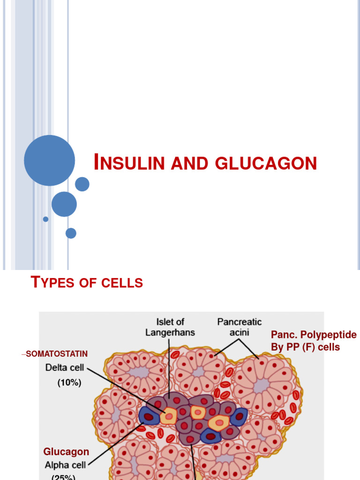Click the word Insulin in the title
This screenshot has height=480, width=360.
[129, 163]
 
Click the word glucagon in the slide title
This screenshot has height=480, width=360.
[266, 164]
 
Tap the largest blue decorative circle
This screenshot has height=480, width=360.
[49, 160]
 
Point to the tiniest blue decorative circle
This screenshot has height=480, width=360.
[45, 219]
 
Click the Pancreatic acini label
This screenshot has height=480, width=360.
[239, 327]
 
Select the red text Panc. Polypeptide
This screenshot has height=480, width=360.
[314, 335]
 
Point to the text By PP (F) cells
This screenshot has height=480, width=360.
[305, 347]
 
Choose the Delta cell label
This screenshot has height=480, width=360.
[65, 368]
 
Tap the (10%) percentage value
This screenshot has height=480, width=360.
[69, 383]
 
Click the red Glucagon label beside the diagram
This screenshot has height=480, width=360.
[66, 452]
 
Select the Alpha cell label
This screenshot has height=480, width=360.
[67, 465]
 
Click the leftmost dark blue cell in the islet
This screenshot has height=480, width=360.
[148, 416]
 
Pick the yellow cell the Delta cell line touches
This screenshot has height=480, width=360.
[168, 415]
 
